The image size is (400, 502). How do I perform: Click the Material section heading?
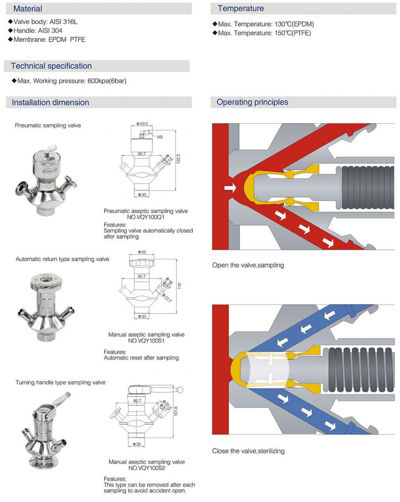coord(28,9)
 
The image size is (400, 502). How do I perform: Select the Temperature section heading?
coord(241,8)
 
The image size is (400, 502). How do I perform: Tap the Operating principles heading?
coord(252,102)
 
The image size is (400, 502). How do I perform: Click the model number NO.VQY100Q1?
coord(146,217)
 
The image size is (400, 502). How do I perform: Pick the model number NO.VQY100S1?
coord(146,341)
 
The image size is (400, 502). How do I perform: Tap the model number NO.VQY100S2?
coord(146,468)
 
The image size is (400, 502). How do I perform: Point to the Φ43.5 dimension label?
coord(142,124)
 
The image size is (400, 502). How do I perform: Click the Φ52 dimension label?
coord(142,252)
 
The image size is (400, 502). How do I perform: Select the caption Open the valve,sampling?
coord(248,265)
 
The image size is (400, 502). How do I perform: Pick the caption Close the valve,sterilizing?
coord(248,451)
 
